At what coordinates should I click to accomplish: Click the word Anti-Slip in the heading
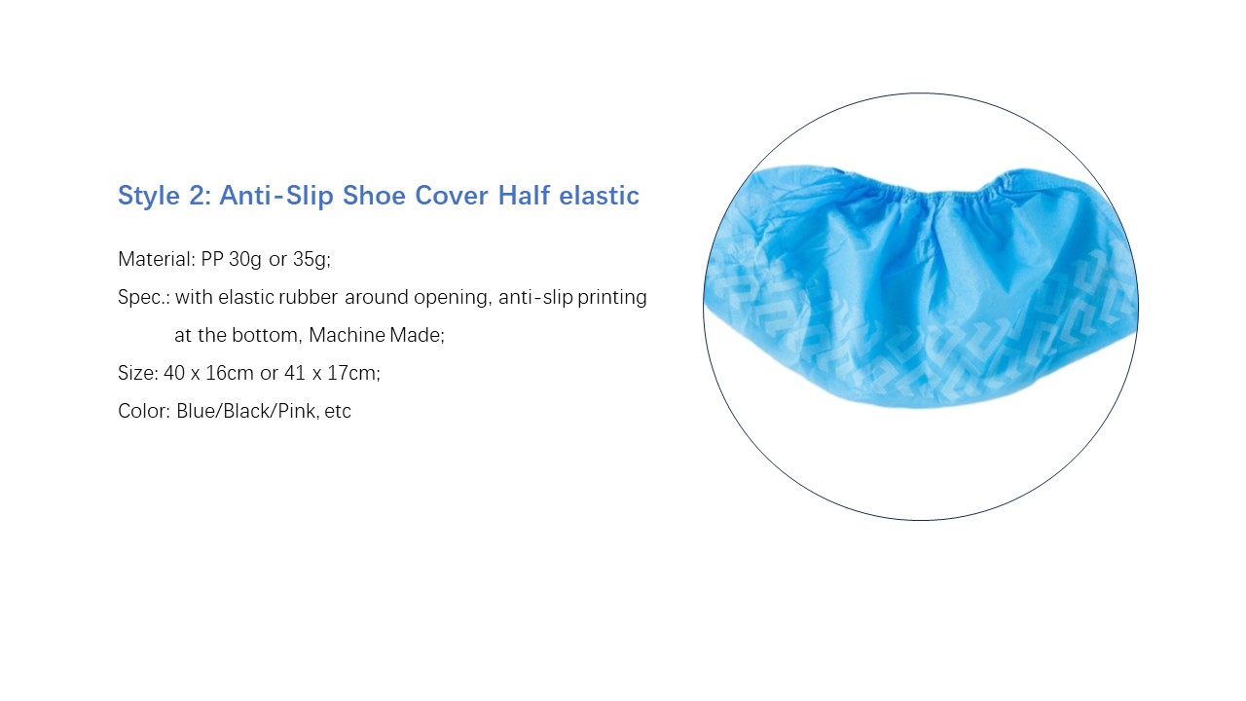pyautogui.click(x=275, y=196)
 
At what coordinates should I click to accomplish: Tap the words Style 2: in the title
pyautogui.click(x=165, y=196)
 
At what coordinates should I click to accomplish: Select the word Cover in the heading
pyautogui.click(x=451, y=196)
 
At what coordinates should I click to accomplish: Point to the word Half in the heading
pyautogui.click(x=524, y=196)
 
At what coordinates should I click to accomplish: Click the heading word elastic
pyautogui.click(x=599, y=196)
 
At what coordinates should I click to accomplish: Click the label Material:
pyautogui.click(x=156, y=259)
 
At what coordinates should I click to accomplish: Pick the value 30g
pyautogui.click(x=244, y=260)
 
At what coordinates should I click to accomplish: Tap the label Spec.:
pyautogui.click(x=143, y=298)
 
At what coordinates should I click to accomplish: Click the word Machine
pyautogui.click(x=347, y=335)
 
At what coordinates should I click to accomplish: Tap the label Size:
pyautogui.click(x=138, y=373)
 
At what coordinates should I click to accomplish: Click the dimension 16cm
pyautogui.click(x=230, y=373)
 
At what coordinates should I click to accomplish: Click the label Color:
pyautogui.click(x=143, y=411)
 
